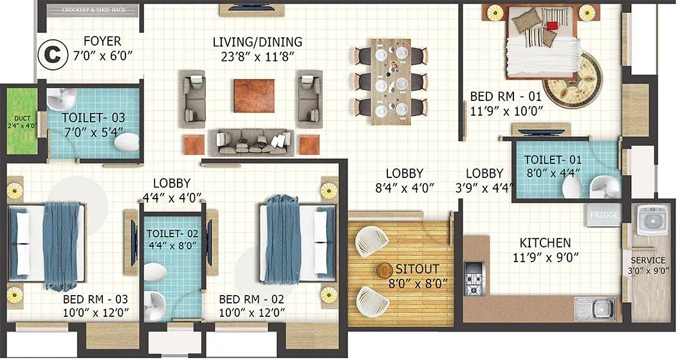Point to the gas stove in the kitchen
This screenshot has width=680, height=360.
point(475,280)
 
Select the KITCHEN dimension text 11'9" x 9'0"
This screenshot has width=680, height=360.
point(545,258)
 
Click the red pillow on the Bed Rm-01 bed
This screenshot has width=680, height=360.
point(551,26)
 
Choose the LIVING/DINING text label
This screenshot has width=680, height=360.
point(257,42)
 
